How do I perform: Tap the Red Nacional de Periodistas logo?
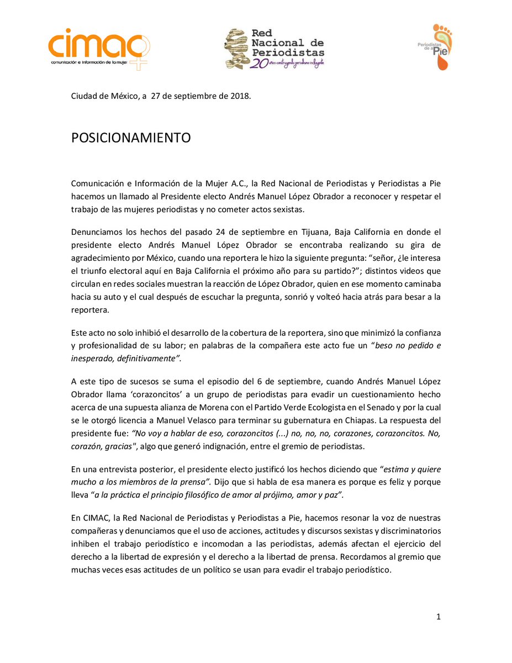(x=274, y=49)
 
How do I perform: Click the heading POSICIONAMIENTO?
(x=131, y=138)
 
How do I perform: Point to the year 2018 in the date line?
(x=239, y=97)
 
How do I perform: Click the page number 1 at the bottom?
(x=439, y=617)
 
